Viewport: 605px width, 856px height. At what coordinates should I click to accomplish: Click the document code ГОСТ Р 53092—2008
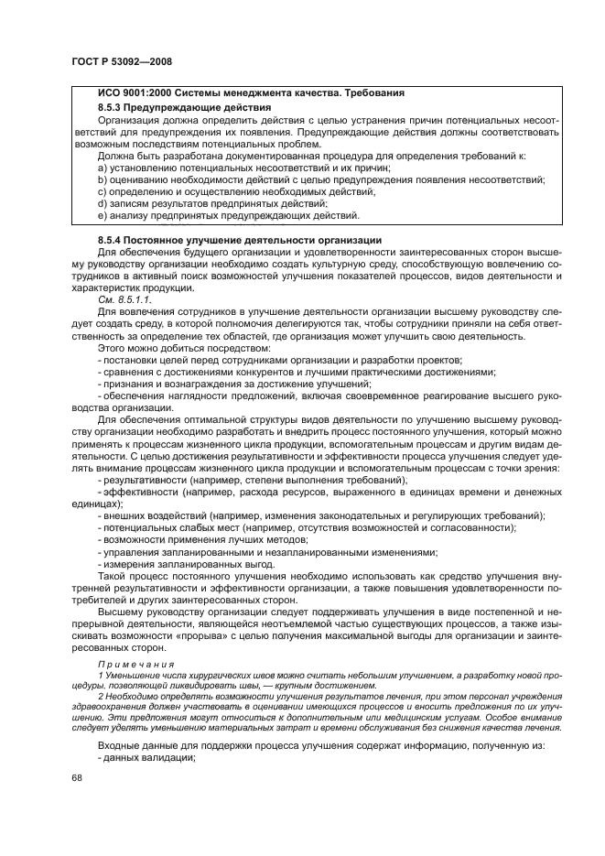(x=121, y=61)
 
